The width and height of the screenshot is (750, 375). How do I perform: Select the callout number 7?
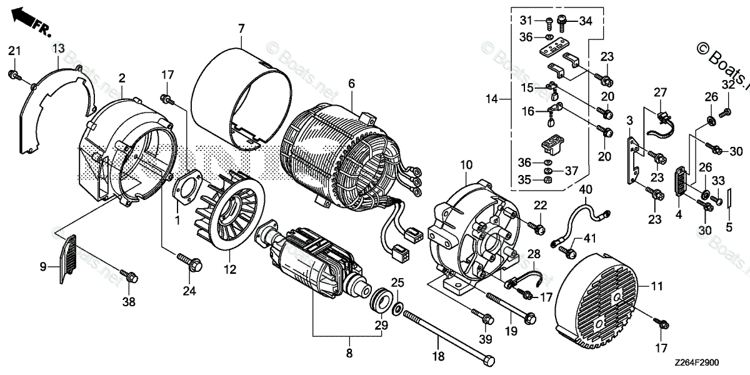[x=241, y=28]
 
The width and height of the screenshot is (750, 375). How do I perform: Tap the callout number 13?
[x=58, y=48]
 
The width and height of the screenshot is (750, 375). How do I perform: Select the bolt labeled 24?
[x=188, y=258]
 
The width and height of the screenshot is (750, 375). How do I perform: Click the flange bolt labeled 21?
[x=12, y=76]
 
